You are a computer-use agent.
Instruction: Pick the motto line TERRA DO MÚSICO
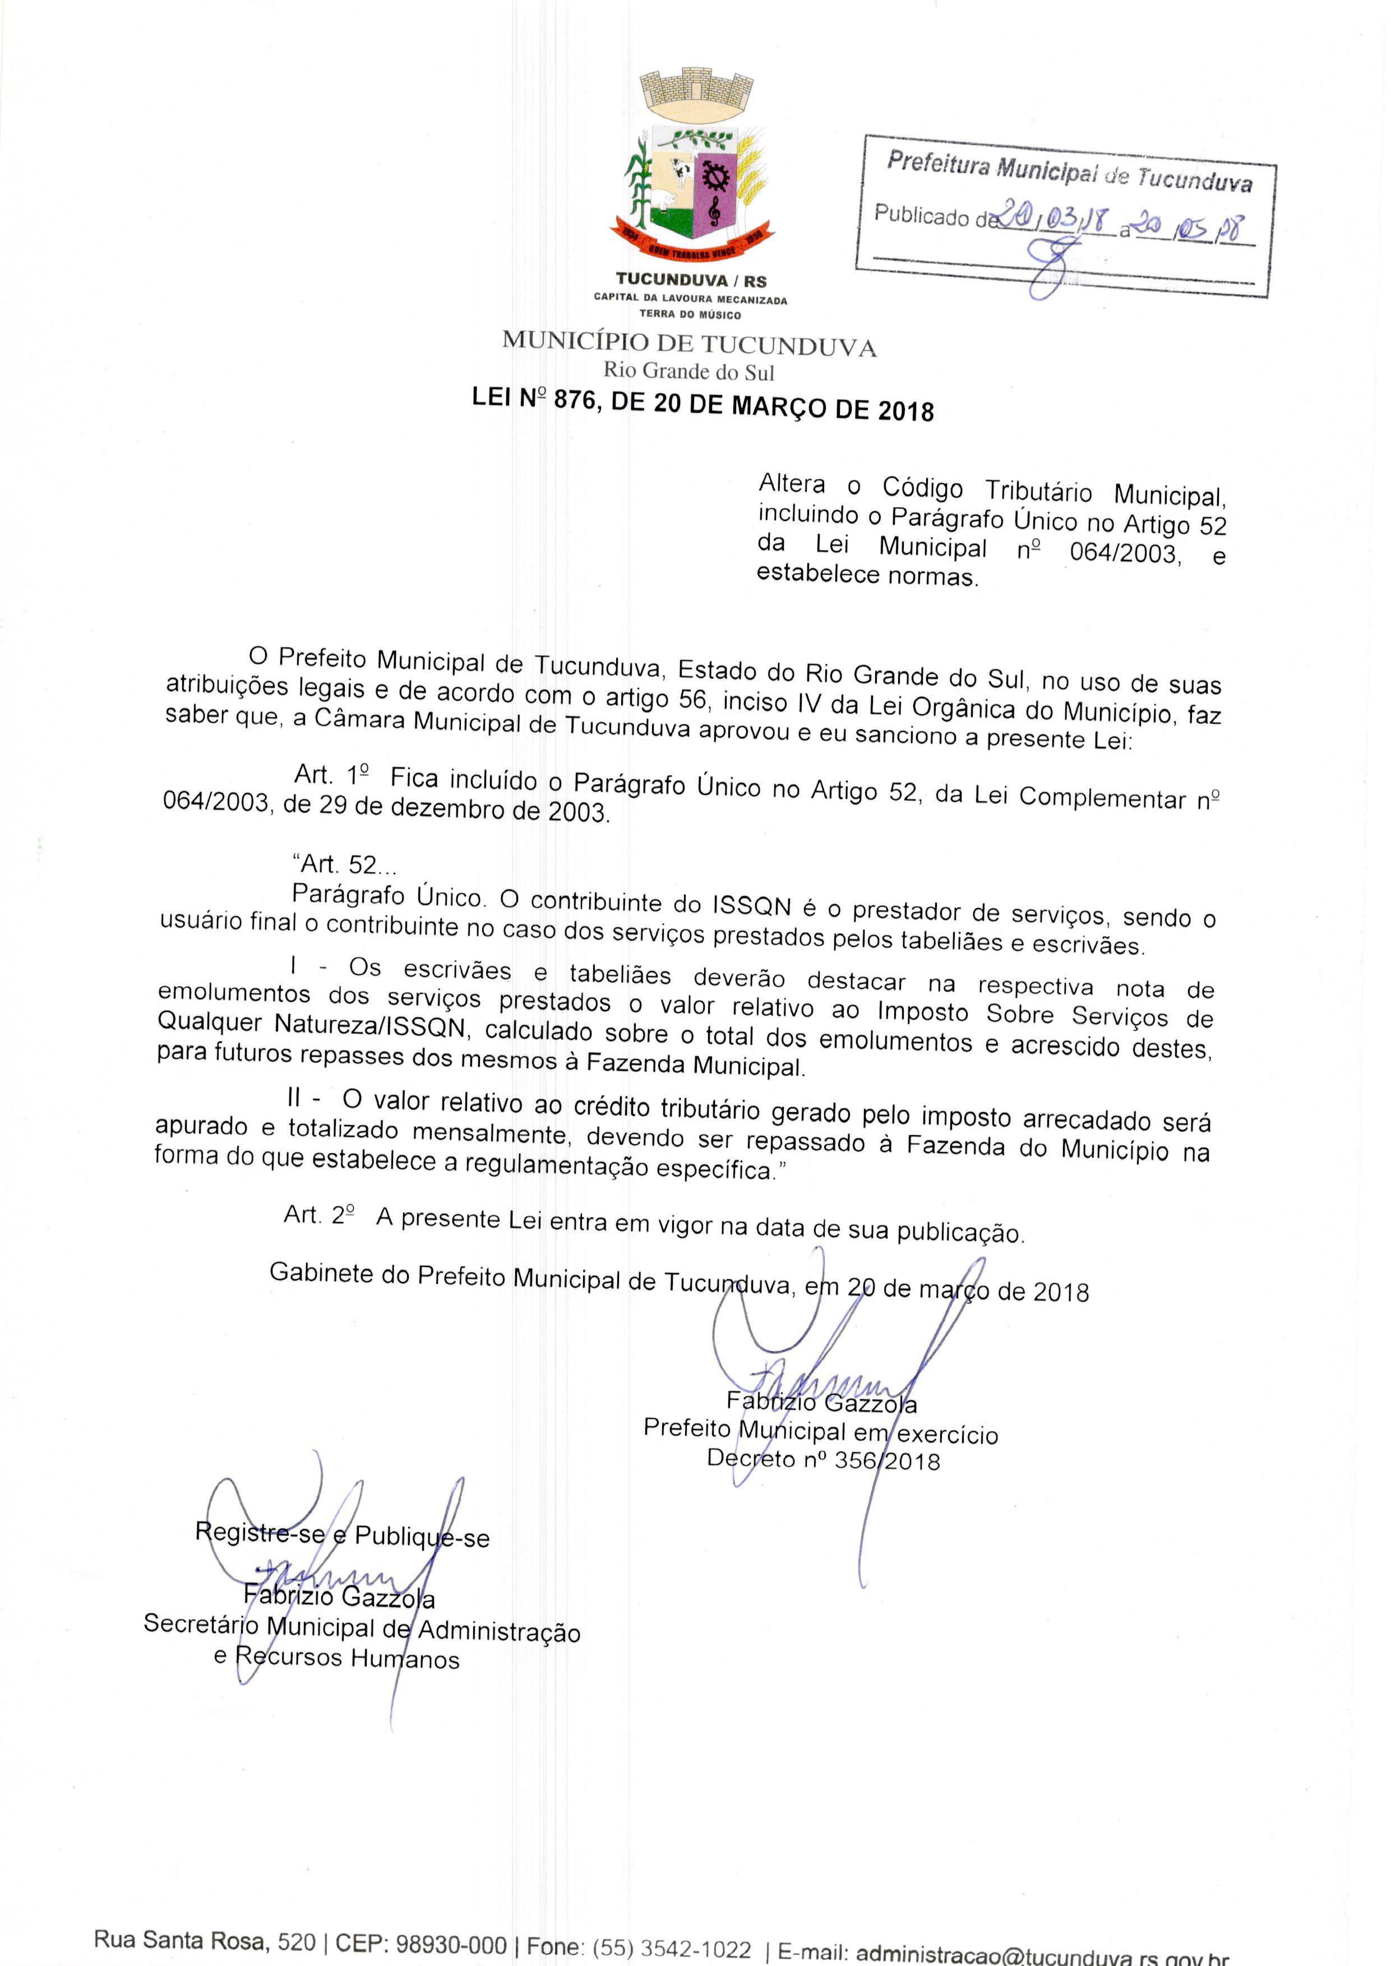(690, 315)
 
